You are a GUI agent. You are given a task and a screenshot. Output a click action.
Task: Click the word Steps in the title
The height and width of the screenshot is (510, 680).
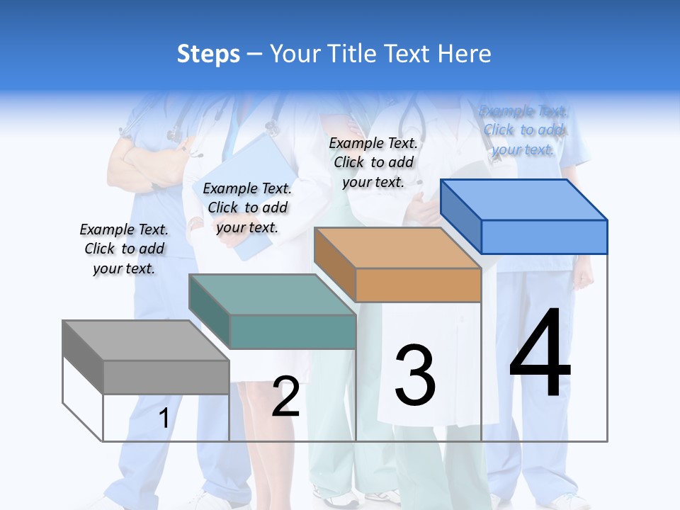tap(208, 54)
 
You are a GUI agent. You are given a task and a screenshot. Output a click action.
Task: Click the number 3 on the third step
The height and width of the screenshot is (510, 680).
tap(415, 375)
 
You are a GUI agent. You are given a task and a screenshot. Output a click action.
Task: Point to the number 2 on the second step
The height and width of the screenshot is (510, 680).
tap(285, 397)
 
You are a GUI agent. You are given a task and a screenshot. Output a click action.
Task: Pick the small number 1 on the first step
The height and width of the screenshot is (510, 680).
tap(164, 419)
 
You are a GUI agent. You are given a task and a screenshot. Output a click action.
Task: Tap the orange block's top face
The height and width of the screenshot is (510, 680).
tap(397, 248)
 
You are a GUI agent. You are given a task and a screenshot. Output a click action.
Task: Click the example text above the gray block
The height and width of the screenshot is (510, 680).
tap(124, 249)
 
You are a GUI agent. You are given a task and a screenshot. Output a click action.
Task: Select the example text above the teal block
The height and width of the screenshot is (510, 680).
tap(247, 208)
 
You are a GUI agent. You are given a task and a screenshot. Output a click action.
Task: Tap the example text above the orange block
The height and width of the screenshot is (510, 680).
tap(373, 162)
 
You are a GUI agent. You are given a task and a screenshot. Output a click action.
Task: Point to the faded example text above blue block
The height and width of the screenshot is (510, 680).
tap(523, 130)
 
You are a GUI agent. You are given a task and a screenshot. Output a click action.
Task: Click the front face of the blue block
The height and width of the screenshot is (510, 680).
tap(544, 237)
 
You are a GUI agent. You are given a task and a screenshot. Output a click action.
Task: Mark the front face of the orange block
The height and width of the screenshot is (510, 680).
tap(418, 285)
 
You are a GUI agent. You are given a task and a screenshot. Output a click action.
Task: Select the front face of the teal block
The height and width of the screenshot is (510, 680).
tap(293, 331)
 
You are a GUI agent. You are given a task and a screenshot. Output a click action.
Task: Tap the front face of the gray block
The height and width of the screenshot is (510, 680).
tap(166, 377)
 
